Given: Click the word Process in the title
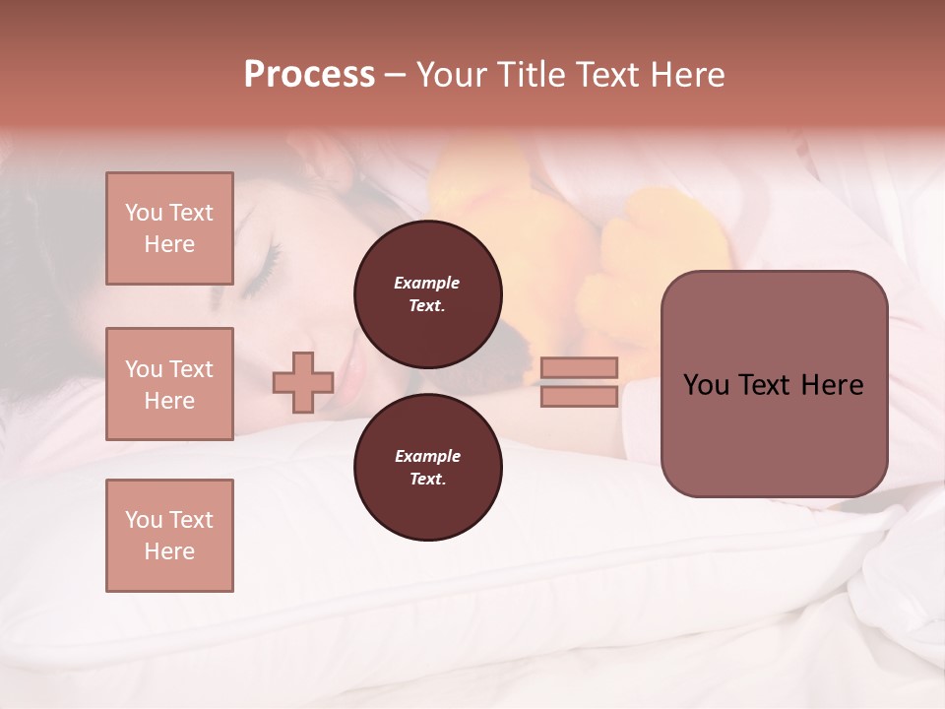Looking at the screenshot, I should coord(309,75).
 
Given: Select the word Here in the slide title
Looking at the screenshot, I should coord(685,75).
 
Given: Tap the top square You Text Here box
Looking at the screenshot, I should coord(169,228).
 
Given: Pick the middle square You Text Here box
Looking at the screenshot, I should coord(169,384).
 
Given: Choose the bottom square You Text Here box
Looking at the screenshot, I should coord(169,536).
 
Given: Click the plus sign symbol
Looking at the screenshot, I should coord(303,382).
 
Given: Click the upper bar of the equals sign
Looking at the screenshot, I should coord(579,367).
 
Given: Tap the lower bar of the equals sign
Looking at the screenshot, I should coord(579,396).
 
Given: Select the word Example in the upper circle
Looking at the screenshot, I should coord(427,283).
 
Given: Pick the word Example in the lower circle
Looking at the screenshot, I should coord(427,456).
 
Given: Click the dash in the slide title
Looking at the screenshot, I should coord(396,75).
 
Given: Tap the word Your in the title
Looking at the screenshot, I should coord(452,75).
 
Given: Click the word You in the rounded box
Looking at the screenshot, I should coord(706,385).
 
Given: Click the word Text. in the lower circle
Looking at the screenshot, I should coord(427,480).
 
